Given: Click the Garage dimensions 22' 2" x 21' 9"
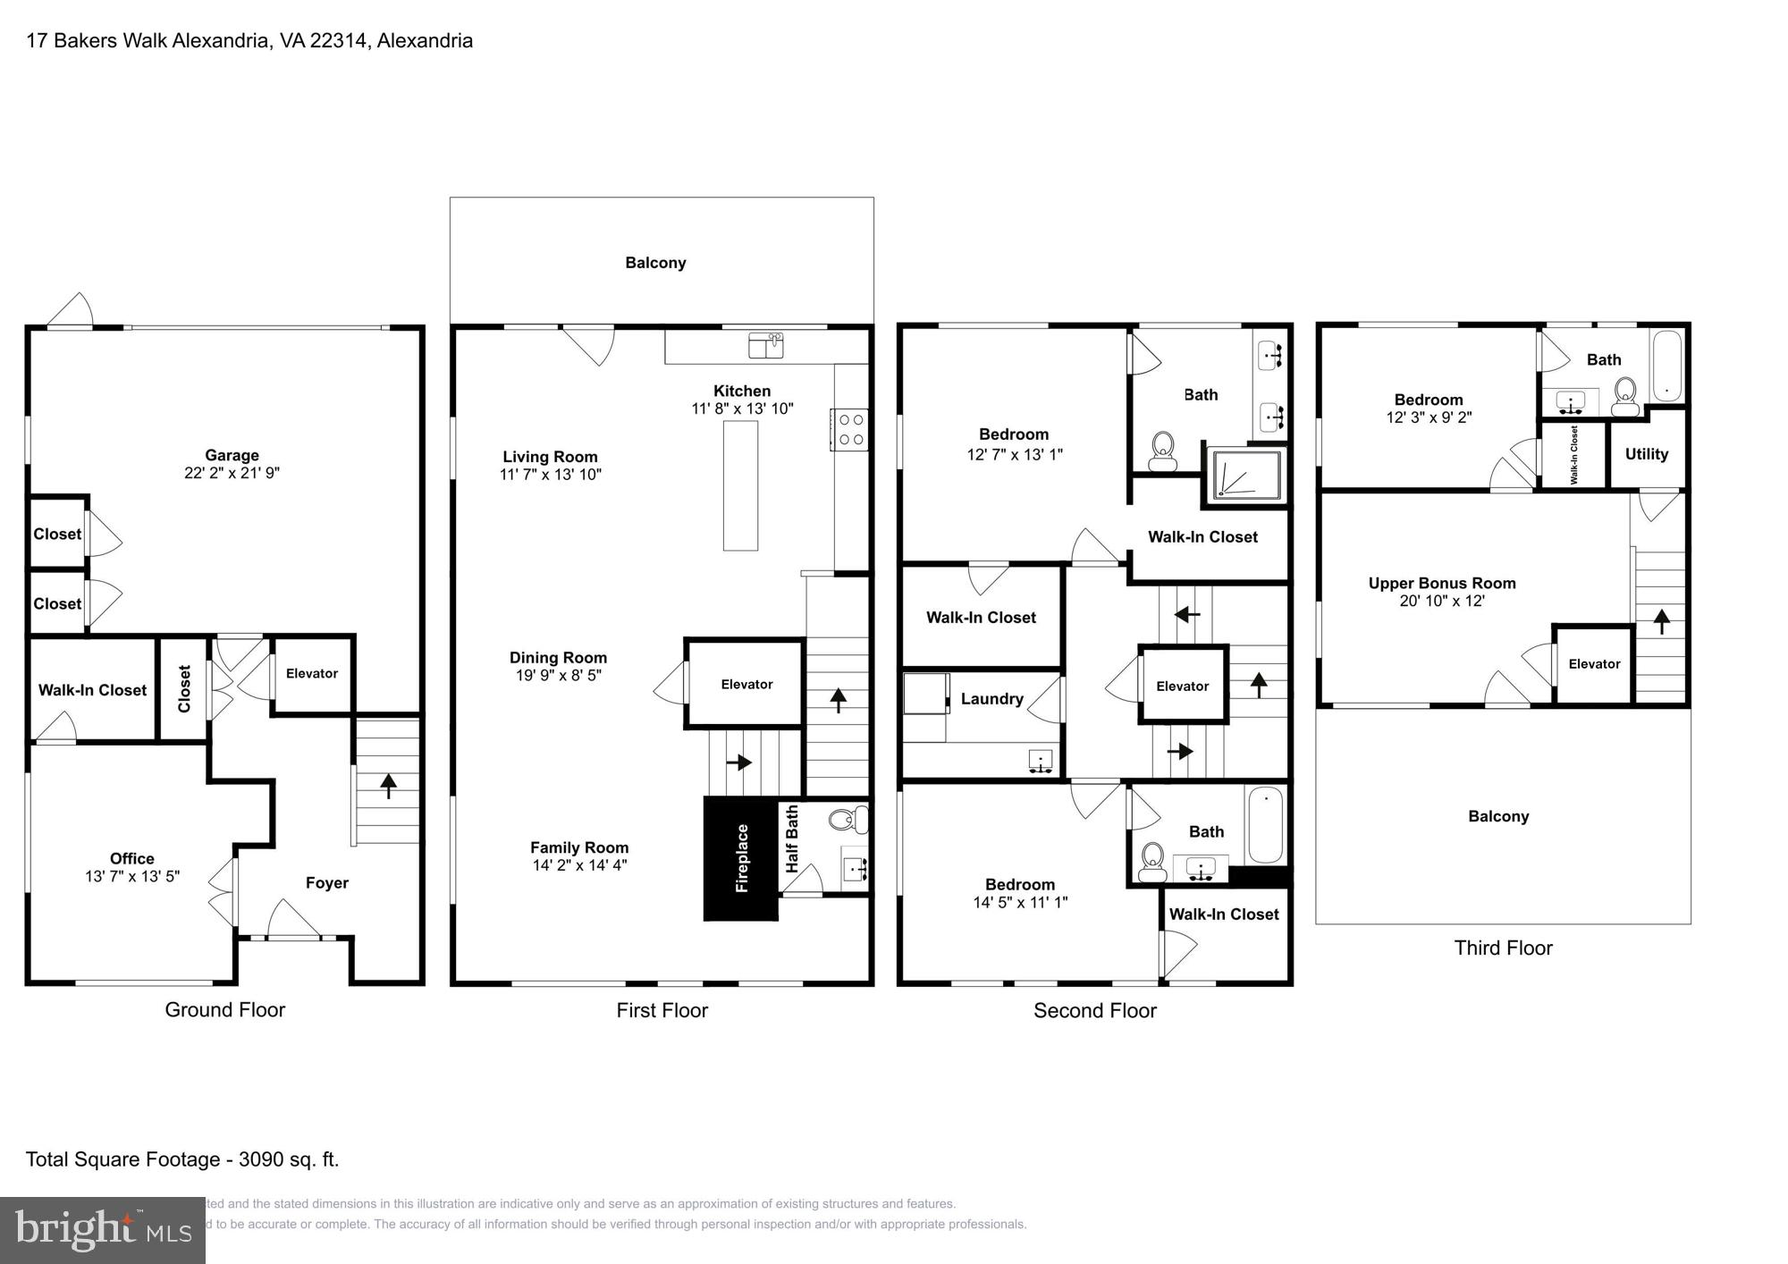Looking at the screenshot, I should tap(232, 473).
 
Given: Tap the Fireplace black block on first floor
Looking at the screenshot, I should tap(740, 858).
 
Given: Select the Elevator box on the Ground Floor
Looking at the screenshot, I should tap(312, 674).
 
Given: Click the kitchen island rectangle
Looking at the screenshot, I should tap(740, 485).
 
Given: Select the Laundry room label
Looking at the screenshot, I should tap(991, 699).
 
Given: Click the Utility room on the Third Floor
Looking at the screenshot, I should tap(1646, 454).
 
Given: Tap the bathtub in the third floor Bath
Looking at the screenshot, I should tap(1666, 365).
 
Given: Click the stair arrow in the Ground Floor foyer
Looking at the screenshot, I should tap(388, 786).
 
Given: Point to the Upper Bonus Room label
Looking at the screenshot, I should tap(1441, 584).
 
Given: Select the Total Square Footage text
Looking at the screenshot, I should tap(182, 1159).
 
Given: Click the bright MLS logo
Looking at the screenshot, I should tap(103, 1230).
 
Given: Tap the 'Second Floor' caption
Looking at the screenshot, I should tap(1094, 1011).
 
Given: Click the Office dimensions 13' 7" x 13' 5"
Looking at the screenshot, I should tap(132, 877).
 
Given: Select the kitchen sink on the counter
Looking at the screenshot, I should tap(765, 344).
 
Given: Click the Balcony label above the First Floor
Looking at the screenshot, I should tap(655, 263).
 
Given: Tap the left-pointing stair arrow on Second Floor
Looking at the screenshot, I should tap(1186, 614).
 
